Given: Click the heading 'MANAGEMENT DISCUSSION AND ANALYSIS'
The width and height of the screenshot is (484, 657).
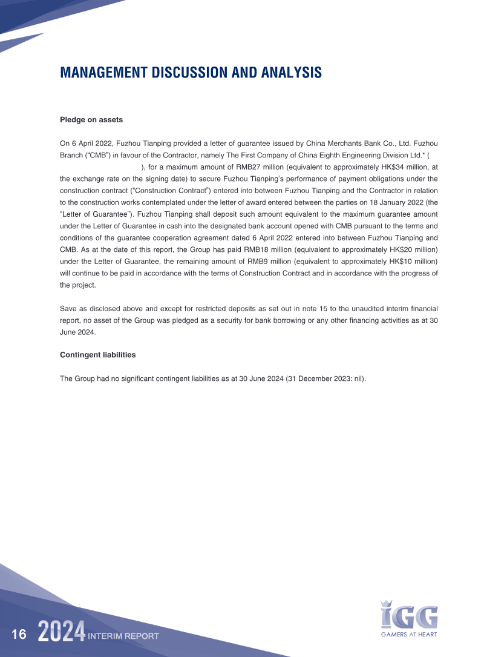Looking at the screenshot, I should pos(191,73).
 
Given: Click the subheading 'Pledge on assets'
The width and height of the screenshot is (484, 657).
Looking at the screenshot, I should pos(91,120).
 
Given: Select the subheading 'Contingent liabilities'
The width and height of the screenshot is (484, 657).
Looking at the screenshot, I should pos(97,354).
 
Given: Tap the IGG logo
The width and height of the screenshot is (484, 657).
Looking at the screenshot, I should pos(409,615).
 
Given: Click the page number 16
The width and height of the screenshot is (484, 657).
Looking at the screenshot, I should pos(19,635).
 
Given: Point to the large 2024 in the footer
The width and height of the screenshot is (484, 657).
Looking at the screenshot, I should pos(61,633).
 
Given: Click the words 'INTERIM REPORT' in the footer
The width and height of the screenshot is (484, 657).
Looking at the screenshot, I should pos(123,636).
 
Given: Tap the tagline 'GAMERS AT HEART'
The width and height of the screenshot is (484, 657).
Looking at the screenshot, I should pos(409,635).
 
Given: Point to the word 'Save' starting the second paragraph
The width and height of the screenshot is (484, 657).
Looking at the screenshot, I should pos(68,309).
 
